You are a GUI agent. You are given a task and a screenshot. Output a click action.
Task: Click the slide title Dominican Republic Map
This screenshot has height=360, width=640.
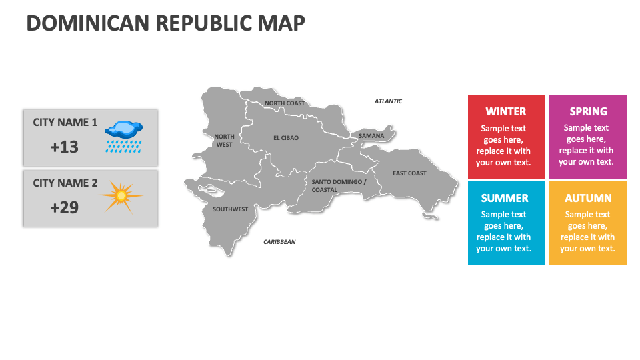coord(165,23)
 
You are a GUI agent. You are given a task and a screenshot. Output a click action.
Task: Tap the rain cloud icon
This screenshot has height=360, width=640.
coord(124,135)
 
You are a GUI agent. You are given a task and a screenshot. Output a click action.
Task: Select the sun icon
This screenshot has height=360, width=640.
coord(121,195)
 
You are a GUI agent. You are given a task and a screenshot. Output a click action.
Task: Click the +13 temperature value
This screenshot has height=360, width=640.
coord(64,147)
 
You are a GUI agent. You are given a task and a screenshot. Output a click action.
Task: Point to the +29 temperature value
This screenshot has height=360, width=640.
coord(64,207)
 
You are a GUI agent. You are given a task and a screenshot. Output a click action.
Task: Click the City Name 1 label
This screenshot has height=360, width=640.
coord(65,123)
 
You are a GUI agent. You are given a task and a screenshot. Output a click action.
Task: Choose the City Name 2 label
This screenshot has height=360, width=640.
coord(65,183)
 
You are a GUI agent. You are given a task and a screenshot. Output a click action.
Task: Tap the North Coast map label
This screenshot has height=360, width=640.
coord(285,103)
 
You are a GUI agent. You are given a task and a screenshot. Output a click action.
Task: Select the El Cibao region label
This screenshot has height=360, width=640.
coord(286,138)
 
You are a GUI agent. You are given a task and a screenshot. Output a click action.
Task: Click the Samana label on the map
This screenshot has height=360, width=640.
coord(371,136)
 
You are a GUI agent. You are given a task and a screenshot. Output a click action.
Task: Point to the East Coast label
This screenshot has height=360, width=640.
coord(409,173)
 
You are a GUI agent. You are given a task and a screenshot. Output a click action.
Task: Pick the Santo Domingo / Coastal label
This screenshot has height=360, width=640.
coord(339,185)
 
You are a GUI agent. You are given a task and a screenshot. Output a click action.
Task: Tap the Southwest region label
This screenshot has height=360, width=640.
coord(230,209)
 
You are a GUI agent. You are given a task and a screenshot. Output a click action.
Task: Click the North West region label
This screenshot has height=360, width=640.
coord(224,140)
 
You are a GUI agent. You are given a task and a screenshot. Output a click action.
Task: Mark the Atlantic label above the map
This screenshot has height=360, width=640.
coord(388,101)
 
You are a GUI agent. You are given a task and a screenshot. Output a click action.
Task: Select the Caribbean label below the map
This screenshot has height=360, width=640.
coord(279,242)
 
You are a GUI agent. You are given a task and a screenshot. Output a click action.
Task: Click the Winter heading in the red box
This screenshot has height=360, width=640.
coord(506,111)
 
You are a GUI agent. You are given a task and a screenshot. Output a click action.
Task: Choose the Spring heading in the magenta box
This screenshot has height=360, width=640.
coord(589,111)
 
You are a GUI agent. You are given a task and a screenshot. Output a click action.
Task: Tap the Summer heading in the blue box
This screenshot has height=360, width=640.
coord(505,198)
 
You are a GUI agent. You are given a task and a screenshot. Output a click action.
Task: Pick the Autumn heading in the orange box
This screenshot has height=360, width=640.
coord(588,198)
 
